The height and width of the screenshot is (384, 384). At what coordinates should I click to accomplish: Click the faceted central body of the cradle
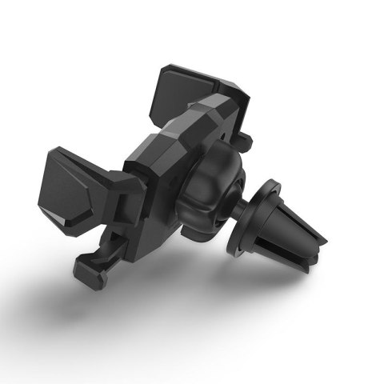click(x=160, y=168)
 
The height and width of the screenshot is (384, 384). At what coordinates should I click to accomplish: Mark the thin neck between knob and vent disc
click(x=238, y=210)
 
